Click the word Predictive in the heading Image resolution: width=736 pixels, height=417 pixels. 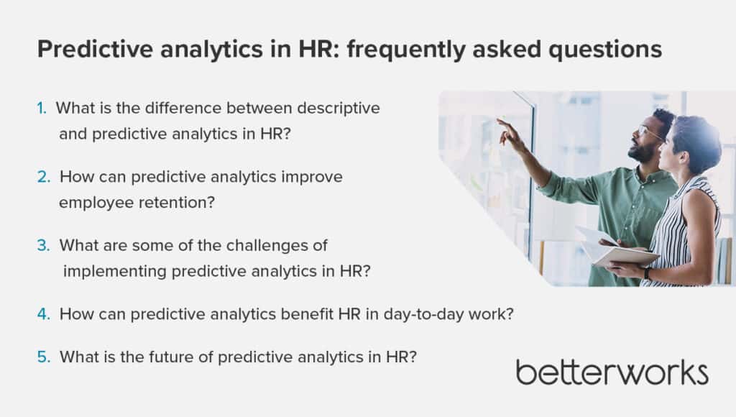coord(96,50)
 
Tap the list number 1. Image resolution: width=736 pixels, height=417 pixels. coord(42,108)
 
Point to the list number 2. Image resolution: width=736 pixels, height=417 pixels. coord(43,177)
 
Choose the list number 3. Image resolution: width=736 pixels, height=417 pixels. coord(43,245)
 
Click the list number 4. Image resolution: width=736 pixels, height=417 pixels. coord(43,313)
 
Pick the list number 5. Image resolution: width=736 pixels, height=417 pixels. coord(43,357)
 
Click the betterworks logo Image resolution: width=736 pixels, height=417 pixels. coord(612,373)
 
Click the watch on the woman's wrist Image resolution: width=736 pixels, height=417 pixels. coord(648,272)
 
